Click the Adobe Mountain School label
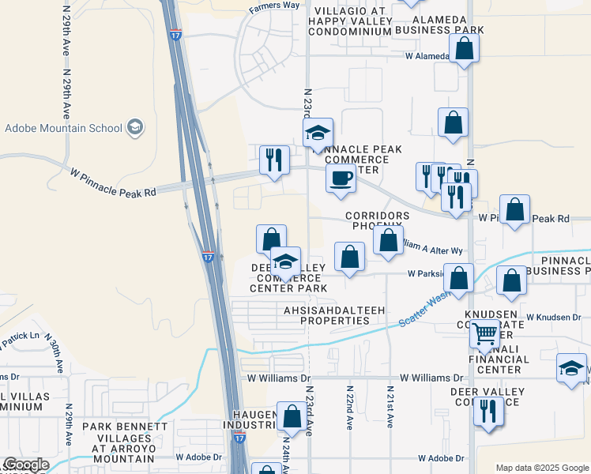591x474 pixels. (x=63, y=128)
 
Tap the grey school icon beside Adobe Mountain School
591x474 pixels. (x=135, y=127)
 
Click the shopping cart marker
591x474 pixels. (x=484, y=333)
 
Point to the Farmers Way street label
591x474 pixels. (x=274, y=6)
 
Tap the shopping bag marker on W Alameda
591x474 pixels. (x=465, y=48)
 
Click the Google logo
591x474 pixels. (x=25, y=465)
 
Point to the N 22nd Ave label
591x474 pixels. (x=349, y=407)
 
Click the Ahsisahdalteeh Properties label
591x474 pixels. (x=326, y=316)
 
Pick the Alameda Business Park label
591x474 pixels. (x=439, y=24)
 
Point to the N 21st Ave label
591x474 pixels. (x=390, y=407)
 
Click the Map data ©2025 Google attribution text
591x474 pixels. (x=542, y=468)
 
